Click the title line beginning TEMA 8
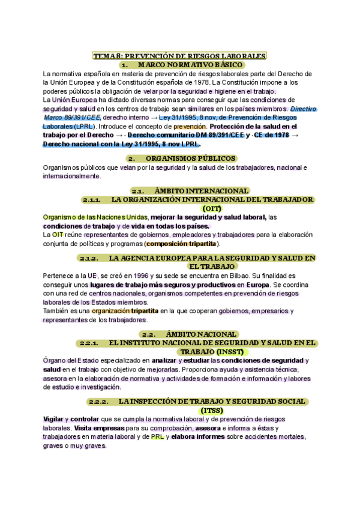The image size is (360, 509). coord(179,56)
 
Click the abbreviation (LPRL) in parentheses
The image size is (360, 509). coord(80,127)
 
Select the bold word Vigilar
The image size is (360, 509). coord(55,419)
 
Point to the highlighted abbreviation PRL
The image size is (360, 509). coord(157,437)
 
